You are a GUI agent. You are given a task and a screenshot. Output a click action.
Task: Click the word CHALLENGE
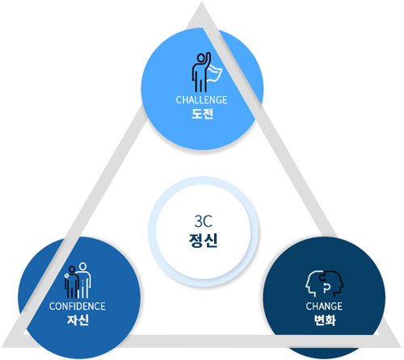(201, 100)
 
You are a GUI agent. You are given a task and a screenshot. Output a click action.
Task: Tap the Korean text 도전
(202, 114)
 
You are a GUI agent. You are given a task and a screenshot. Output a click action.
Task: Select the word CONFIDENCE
(78, 306)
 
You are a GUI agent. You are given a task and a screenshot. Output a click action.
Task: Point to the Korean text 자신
(78, 320)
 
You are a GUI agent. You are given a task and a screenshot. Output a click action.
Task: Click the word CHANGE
(324, 306)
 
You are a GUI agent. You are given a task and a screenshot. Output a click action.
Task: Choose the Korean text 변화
(325, 320)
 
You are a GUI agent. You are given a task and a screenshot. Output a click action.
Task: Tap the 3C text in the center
(203, 221)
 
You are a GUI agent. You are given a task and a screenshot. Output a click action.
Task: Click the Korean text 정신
(203, 241)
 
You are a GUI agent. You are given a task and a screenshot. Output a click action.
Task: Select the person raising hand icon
(207, 72)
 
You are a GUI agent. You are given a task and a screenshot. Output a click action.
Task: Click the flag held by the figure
(215, 73)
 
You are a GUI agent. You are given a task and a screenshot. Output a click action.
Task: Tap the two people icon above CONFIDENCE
(78, 281)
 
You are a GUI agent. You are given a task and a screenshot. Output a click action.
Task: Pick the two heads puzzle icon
(325, 284)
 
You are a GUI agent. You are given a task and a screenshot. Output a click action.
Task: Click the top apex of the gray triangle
(201, 2)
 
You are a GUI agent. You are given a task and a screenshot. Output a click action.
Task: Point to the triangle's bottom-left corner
(2, 346)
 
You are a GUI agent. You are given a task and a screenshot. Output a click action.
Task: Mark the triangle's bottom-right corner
(402, 346)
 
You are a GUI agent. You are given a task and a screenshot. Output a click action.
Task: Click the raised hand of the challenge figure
(208, 55)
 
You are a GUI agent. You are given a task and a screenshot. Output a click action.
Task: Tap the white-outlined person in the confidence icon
(85, 281)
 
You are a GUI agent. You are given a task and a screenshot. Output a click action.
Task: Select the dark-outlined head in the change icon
(334, 283)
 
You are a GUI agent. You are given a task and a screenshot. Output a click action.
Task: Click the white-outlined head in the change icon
(314, 284)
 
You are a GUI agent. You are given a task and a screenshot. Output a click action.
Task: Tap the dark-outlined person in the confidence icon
(71, 283)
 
